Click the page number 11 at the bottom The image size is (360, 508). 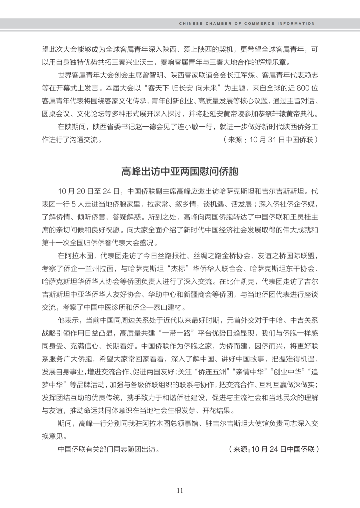[180, 490]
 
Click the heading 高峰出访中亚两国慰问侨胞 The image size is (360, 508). [180, 172]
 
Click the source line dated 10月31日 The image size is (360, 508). [270, 140]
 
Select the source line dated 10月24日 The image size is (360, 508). [274, 449]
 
